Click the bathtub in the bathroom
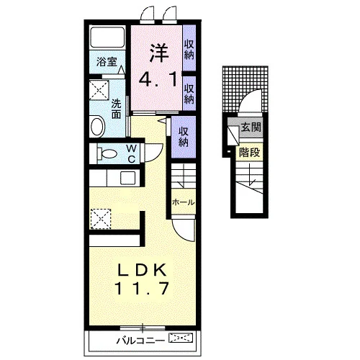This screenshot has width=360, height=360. pyautogui.click(x=107, y=37)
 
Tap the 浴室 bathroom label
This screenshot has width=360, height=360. pyautogui.click(x=107, y=62)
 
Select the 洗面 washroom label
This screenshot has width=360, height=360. pyautogui.click(x=117, y=109)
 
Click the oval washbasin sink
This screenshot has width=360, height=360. pyautogui.click(x=97, y=126)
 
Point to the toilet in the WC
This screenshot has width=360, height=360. pyautogui.click(x=107, y=153)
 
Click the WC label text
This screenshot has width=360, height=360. pyautogui.click(x=131, y=153)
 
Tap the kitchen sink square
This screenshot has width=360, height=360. pyautogui.click(x=127, y=178)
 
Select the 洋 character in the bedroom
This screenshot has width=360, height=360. pyautogui.click(x=159, y=53)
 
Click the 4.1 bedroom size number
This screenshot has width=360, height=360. pyautogui.click(x=158, y=79)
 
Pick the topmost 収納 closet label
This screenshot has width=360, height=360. pyautogui.click(x=189, y=50)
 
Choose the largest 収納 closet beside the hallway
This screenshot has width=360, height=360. pyautogui.click(x=184, y=137)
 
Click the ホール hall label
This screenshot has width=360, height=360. pyautogui.click(x=183, y=202)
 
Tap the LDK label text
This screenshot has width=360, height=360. pyautogui.click(x=142, y=270)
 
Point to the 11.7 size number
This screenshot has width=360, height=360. pyautogui.click(x=142, y=288)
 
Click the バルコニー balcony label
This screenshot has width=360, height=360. pyautogui.click(x=140, y=341)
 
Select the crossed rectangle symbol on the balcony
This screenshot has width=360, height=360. pyautogui.click(x=181, y=338)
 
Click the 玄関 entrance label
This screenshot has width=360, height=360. pyautogui.click(x=251, y=127)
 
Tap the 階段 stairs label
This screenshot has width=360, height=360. pyautogui.click(x=249, y=152)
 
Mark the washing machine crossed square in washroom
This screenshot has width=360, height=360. pyautogui.click(x=99, y=90)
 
